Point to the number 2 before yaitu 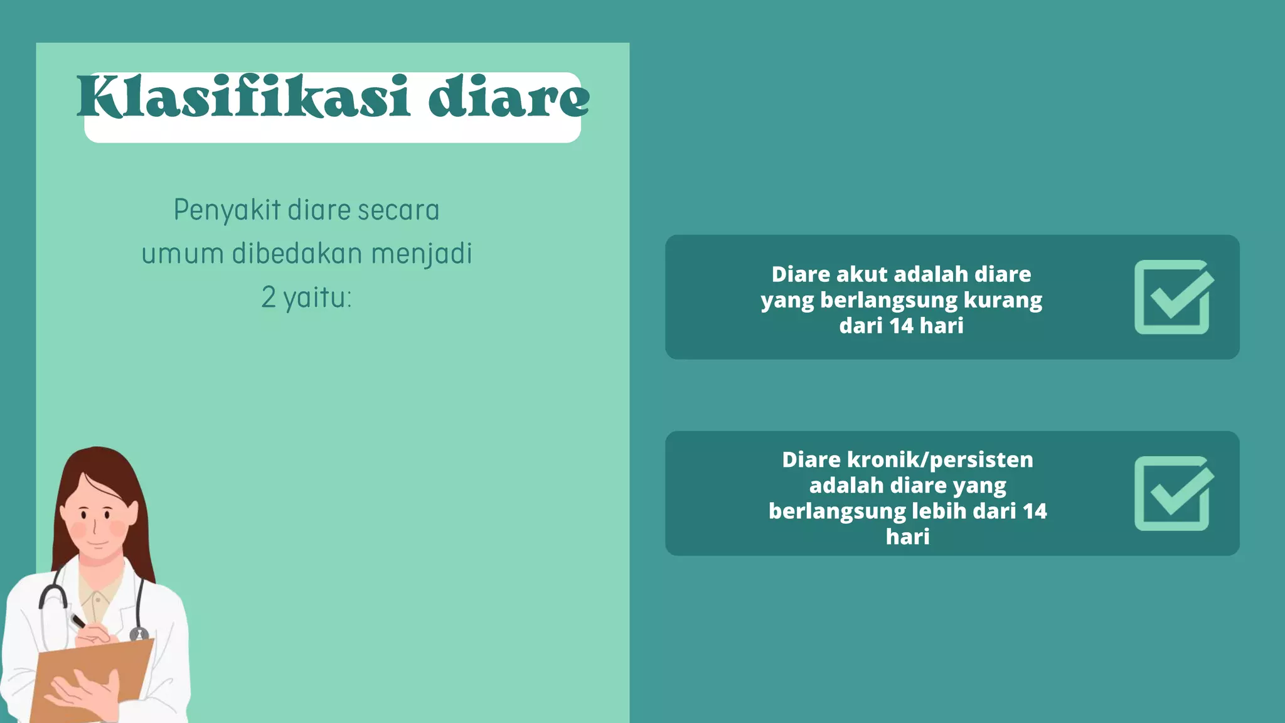point(269,297)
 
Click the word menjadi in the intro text point(422,254)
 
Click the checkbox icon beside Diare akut point(1173,297)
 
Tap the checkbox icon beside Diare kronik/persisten point(1173,493)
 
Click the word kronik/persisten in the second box point(940,460)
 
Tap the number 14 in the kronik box point(1035,511)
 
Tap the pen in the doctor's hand point(78,621)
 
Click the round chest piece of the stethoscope point(139,635)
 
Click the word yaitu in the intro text point(317,297)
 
